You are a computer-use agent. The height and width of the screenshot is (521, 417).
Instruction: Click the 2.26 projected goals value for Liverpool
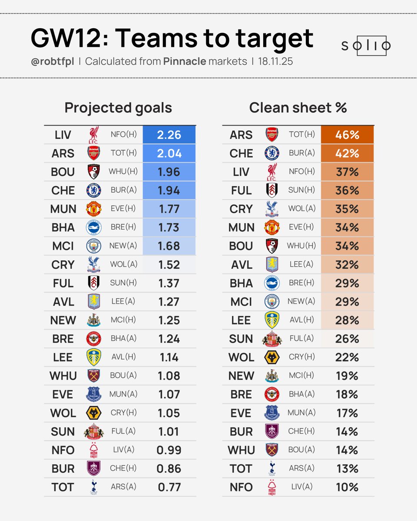tap(169, 135)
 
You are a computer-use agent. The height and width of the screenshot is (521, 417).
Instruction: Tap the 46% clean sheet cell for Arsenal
tap(347, 135)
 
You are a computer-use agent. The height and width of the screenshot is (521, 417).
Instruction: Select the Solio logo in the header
tap(366, 46)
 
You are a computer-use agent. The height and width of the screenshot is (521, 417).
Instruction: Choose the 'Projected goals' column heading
tap(118, 108)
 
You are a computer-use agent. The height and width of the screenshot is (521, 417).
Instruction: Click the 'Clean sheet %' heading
tap(298, 108)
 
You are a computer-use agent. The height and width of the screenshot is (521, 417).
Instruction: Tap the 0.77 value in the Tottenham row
tap(169, 487)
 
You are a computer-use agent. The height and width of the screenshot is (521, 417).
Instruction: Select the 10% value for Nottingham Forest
tap(347, 487)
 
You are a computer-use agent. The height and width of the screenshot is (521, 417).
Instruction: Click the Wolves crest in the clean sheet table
tap(272, 357)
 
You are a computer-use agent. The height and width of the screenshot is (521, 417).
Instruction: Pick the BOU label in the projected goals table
tap(63, 172)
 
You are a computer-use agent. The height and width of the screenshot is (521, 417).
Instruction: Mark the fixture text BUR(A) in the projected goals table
tap(124, 190)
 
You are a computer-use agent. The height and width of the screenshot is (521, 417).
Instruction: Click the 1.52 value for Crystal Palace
tap(169, 264)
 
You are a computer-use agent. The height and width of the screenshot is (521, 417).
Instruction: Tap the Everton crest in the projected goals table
tap(94, 394)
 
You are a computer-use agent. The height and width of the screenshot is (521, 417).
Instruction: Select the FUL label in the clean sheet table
tap(241, 190)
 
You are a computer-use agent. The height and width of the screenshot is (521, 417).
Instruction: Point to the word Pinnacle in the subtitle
tap(185, 61)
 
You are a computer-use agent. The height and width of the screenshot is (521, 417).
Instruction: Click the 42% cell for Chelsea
tap(347, 153)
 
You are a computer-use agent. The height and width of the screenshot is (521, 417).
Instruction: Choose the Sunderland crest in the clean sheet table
tap(272, 339)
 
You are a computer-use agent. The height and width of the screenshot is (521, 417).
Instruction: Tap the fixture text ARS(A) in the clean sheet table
tap(302, 468)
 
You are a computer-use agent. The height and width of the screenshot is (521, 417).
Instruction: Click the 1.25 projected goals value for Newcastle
tap(169, 320)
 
